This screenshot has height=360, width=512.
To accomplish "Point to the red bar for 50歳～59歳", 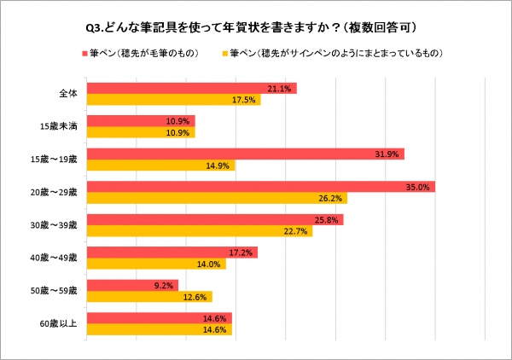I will (119, 286).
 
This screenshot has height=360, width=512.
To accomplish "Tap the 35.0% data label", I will (418, 187).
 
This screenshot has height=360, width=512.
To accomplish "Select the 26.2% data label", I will (329, 198).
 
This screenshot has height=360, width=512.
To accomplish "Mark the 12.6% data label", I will (195, 297).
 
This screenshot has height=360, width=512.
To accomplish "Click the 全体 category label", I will (68, 94).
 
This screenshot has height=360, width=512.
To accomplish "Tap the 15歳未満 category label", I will (61, 126).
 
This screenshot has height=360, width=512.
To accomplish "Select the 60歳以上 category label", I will (61, 324).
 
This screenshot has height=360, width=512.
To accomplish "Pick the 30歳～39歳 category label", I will (58, 225).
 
